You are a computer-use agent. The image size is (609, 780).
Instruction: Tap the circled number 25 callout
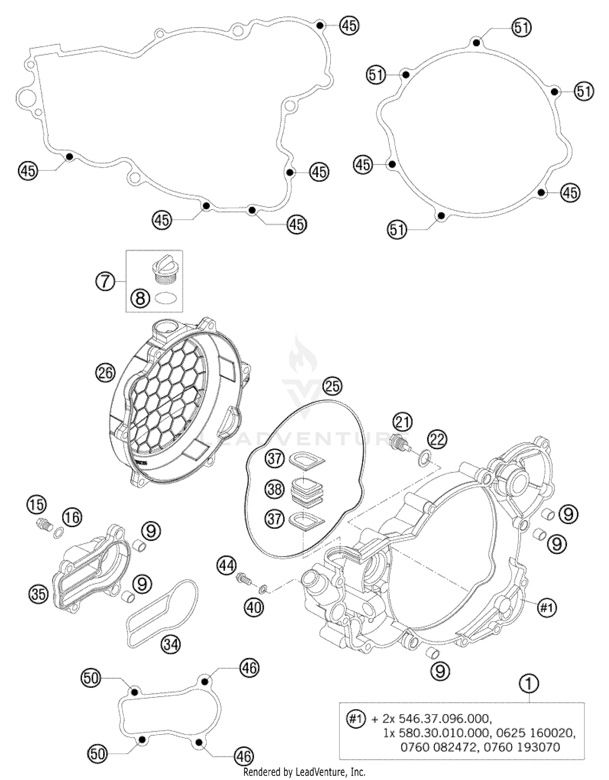point(333,386)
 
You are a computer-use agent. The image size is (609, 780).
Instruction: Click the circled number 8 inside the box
point(140,299)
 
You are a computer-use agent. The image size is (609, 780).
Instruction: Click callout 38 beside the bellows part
point(275,489)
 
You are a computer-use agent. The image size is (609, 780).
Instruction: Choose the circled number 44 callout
point(226,565)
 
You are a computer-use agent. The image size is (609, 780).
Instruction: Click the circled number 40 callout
point(254,607)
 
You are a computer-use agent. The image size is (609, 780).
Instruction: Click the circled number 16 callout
point(72,518)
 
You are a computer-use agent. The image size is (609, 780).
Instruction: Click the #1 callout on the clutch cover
point(547,608)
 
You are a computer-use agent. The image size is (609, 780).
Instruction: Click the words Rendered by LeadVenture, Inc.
point(304,772)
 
